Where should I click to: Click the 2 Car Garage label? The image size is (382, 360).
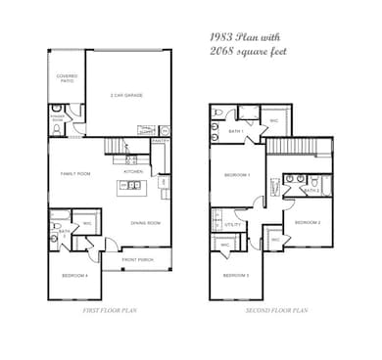(x=127, y=95)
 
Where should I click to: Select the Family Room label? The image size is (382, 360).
(x=75, y=173)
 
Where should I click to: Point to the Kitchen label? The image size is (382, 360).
(x=133, y=171)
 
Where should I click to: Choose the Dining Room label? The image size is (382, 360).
(x=145, y=223)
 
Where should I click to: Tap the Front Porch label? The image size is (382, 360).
(x=136, y=259)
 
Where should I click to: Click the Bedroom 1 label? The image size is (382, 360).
(x=236, y=175)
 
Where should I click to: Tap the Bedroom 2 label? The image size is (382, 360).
(x=309, y=222)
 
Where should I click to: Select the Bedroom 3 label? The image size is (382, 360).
(x=235, y=276)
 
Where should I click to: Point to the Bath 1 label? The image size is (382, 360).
(x=235, y=130)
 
